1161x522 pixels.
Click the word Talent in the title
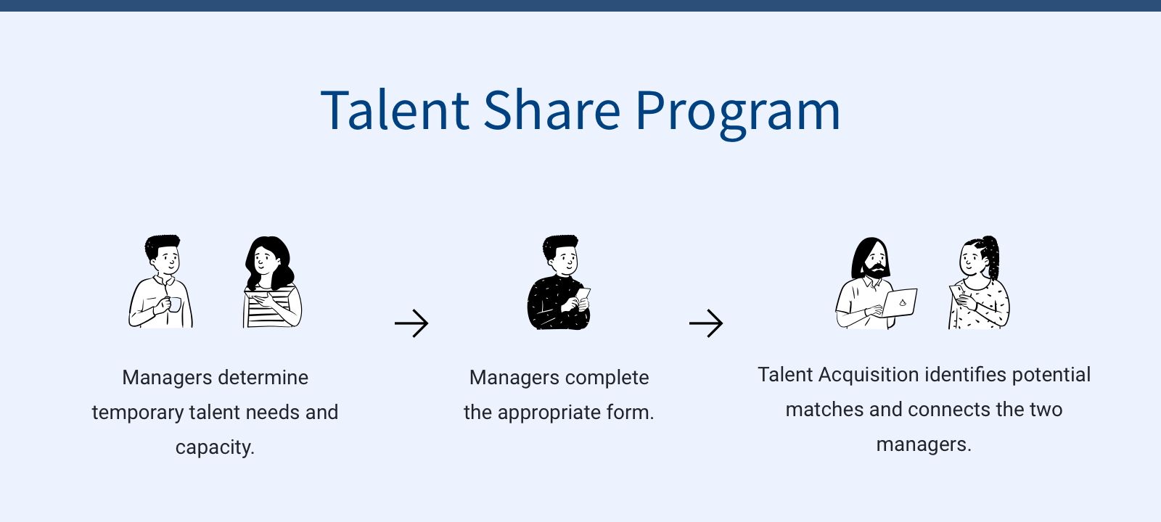(395, 109)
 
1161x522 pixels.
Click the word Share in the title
(552, 109)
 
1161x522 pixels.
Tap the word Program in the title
(737, 114)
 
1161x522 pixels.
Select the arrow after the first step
(411, 323)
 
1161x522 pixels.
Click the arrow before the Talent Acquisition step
(706, 323)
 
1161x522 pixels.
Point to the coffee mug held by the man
(175, 304)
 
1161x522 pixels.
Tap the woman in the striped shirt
(271, 282)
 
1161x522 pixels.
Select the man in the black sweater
(559, 282)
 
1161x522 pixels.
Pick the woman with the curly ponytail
(979, 282)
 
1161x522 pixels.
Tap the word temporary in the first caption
(137, 413)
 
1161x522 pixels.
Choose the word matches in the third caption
(824, 410)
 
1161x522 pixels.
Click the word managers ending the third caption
(923, 445)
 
